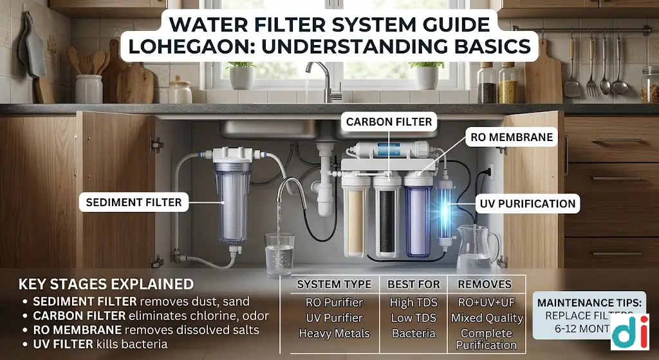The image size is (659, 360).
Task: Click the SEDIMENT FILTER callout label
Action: [134, 203]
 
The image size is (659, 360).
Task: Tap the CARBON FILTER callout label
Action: [389, 121]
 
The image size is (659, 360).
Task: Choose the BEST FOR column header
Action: [414, 284]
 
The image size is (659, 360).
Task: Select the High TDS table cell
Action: [414, 301]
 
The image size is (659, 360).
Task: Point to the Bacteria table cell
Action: [414, 334]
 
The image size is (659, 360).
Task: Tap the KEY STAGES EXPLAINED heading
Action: [106, 284]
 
